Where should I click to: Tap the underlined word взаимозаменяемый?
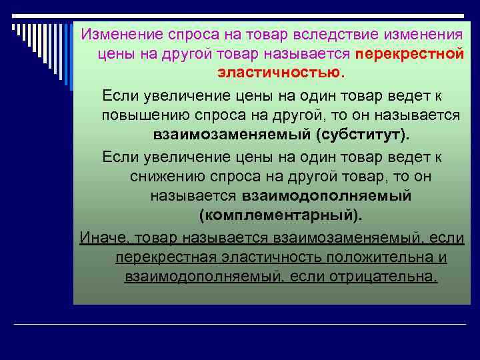339,237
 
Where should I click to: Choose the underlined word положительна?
375,257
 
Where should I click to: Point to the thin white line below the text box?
240,325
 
